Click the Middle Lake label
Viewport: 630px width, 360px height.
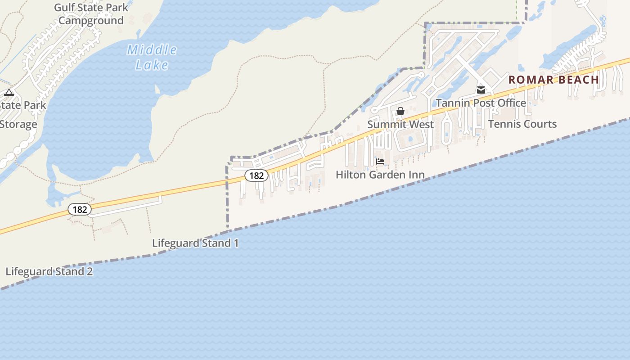(152, 57)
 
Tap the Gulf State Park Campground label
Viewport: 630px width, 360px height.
(91, 14)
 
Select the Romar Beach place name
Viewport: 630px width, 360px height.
(554, 80)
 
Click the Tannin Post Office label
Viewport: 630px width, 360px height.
(481, 103)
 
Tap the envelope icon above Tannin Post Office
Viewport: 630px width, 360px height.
(481, 90)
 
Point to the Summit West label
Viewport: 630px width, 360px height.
(400, 124)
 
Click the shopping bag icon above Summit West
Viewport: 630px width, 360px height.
(400, 111)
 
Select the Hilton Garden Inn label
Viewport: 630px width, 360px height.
(380, 175)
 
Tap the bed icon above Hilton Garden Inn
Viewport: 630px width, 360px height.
(380, 162)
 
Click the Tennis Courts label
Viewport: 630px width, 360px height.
(522, 124)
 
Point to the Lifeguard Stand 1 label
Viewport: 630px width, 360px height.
(195, 243)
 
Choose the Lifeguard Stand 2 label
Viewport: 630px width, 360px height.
(49, 271)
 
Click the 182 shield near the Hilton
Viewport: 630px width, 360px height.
(256, 175)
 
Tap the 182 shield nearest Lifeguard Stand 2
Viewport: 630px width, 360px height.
(80, 209)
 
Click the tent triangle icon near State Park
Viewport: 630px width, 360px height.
(9, 93)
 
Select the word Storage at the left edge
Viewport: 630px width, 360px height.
(18, 124)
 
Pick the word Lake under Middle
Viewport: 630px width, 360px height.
(152, 65)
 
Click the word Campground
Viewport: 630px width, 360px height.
(91, 21)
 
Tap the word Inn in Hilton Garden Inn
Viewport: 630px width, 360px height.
(415, 175)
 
